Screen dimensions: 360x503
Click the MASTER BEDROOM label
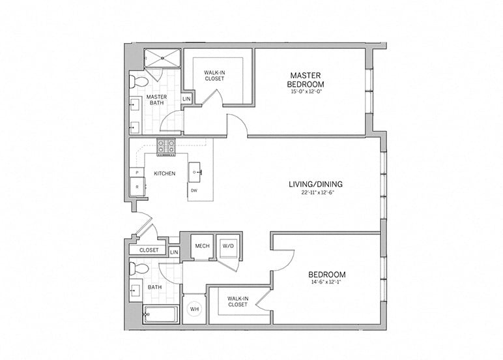(x=306, y=80)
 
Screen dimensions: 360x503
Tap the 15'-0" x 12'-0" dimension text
(x=306, y=93)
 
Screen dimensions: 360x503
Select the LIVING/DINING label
(x=315, y=184)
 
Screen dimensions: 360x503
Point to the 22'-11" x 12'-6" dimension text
(x=315, y=193)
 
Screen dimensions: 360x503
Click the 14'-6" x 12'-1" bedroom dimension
(x=327, y=283)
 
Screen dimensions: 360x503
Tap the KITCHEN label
(x=164, y=174)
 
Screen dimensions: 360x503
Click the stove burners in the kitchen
(x=166, y=147)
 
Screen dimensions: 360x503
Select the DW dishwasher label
(x=194, y=191)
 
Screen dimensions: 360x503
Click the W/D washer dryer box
(x=227, y=246)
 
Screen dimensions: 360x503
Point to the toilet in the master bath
(x=138, y=82)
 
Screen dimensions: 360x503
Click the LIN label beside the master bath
(x=186, y=99)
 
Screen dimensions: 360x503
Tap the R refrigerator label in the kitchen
(x=137, y=187)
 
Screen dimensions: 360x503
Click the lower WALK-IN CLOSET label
(x=237, y=301)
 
